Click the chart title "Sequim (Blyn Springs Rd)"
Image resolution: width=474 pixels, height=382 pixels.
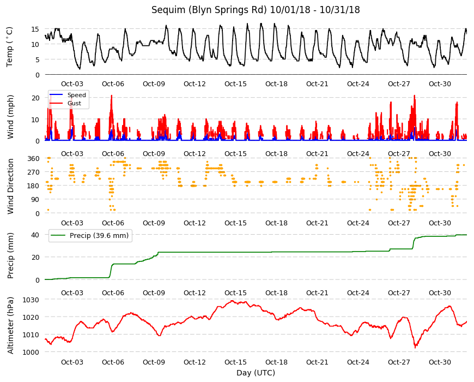[209, 10]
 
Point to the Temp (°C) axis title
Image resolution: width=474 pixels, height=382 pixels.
[10, 47]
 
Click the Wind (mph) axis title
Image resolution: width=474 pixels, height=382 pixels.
[10, 117]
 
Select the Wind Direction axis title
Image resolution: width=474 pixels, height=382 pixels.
[10, 187]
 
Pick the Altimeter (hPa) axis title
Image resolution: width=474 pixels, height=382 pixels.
[10, 325]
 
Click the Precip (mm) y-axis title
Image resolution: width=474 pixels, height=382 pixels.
[10, 256]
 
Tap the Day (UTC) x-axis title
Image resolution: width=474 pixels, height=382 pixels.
[256, 373]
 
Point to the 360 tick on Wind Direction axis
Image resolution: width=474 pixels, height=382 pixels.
[33, 159]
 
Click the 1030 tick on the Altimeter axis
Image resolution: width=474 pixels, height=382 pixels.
[31, 300]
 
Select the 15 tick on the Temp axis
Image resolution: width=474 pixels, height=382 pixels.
[35, 29]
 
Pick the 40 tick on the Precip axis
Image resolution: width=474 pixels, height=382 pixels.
[35, 235]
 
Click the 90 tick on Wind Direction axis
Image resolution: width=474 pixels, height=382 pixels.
[35, 200]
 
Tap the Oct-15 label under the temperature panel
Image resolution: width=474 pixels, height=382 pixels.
[235, 84]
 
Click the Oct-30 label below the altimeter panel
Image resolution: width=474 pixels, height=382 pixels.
[440, 362]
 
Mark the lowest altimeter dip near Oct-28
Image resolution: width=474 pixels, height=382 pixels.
[415, 348]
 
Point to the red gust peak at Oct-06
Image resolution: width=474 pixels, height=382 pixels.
[112, 95]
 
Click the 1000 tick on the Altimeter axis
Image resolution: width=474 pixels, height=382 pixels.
[31, 353]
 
